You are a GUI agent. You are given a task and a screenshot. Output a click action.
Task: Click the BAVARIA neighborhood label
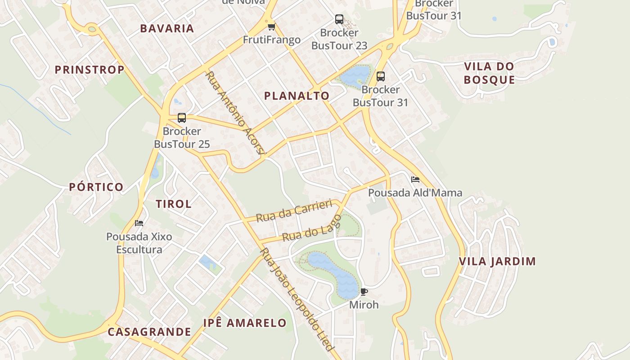pos(167,28)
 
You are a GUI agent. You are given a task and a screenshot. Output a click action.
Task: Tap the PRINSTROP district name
pos(90,70)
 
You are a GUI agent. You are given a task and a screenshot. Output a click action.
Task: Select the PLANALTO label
pos(297,95)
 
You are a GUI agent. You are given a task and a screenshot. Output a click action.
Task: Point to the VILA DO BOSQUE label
pos(489,73)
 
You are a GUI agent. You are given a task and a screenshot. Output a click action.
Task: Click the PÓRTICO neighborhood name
pos(96,187)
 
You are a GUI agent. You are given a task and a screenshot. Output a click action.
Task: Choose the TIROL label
pos(174,204)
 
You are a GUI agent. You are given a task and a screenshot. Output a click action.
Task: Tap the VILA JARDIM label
pos(498,261)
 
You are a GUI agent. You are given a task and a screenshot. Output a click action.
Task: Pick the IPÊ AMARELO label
pos(245,323)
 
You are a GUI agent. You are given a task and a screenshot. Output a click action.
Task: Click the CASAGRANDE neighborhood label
pos(149,332)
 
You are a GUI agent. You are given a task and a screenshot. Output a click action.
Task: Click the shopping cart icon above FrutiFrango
pos(271,27)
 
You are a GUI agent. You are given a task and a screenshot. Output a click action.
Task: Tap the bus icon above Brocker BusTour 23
pos(339,19)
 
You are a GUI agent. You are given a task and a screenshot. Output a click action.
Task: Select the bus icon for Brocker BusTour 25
pos(182,118)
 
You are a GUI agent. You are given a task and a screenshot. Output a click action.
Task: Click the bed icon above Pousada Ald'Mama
pos(415,180)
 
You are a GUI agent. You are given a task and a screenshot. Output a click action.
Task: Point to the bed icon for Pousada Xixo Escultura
pos(139,223)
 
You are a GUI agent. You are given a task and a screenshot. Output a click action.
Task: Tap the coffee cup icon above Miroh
pos(364,292)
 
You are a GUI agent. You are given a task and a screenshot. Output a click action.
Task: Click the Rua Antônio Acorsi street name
pos(234,112)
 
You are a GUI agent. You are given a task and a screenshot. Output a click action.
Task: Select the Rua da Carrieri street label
pos(294,211)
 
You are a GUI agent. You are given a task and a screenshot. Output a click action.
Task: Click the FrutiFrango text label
pos(272,40)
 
